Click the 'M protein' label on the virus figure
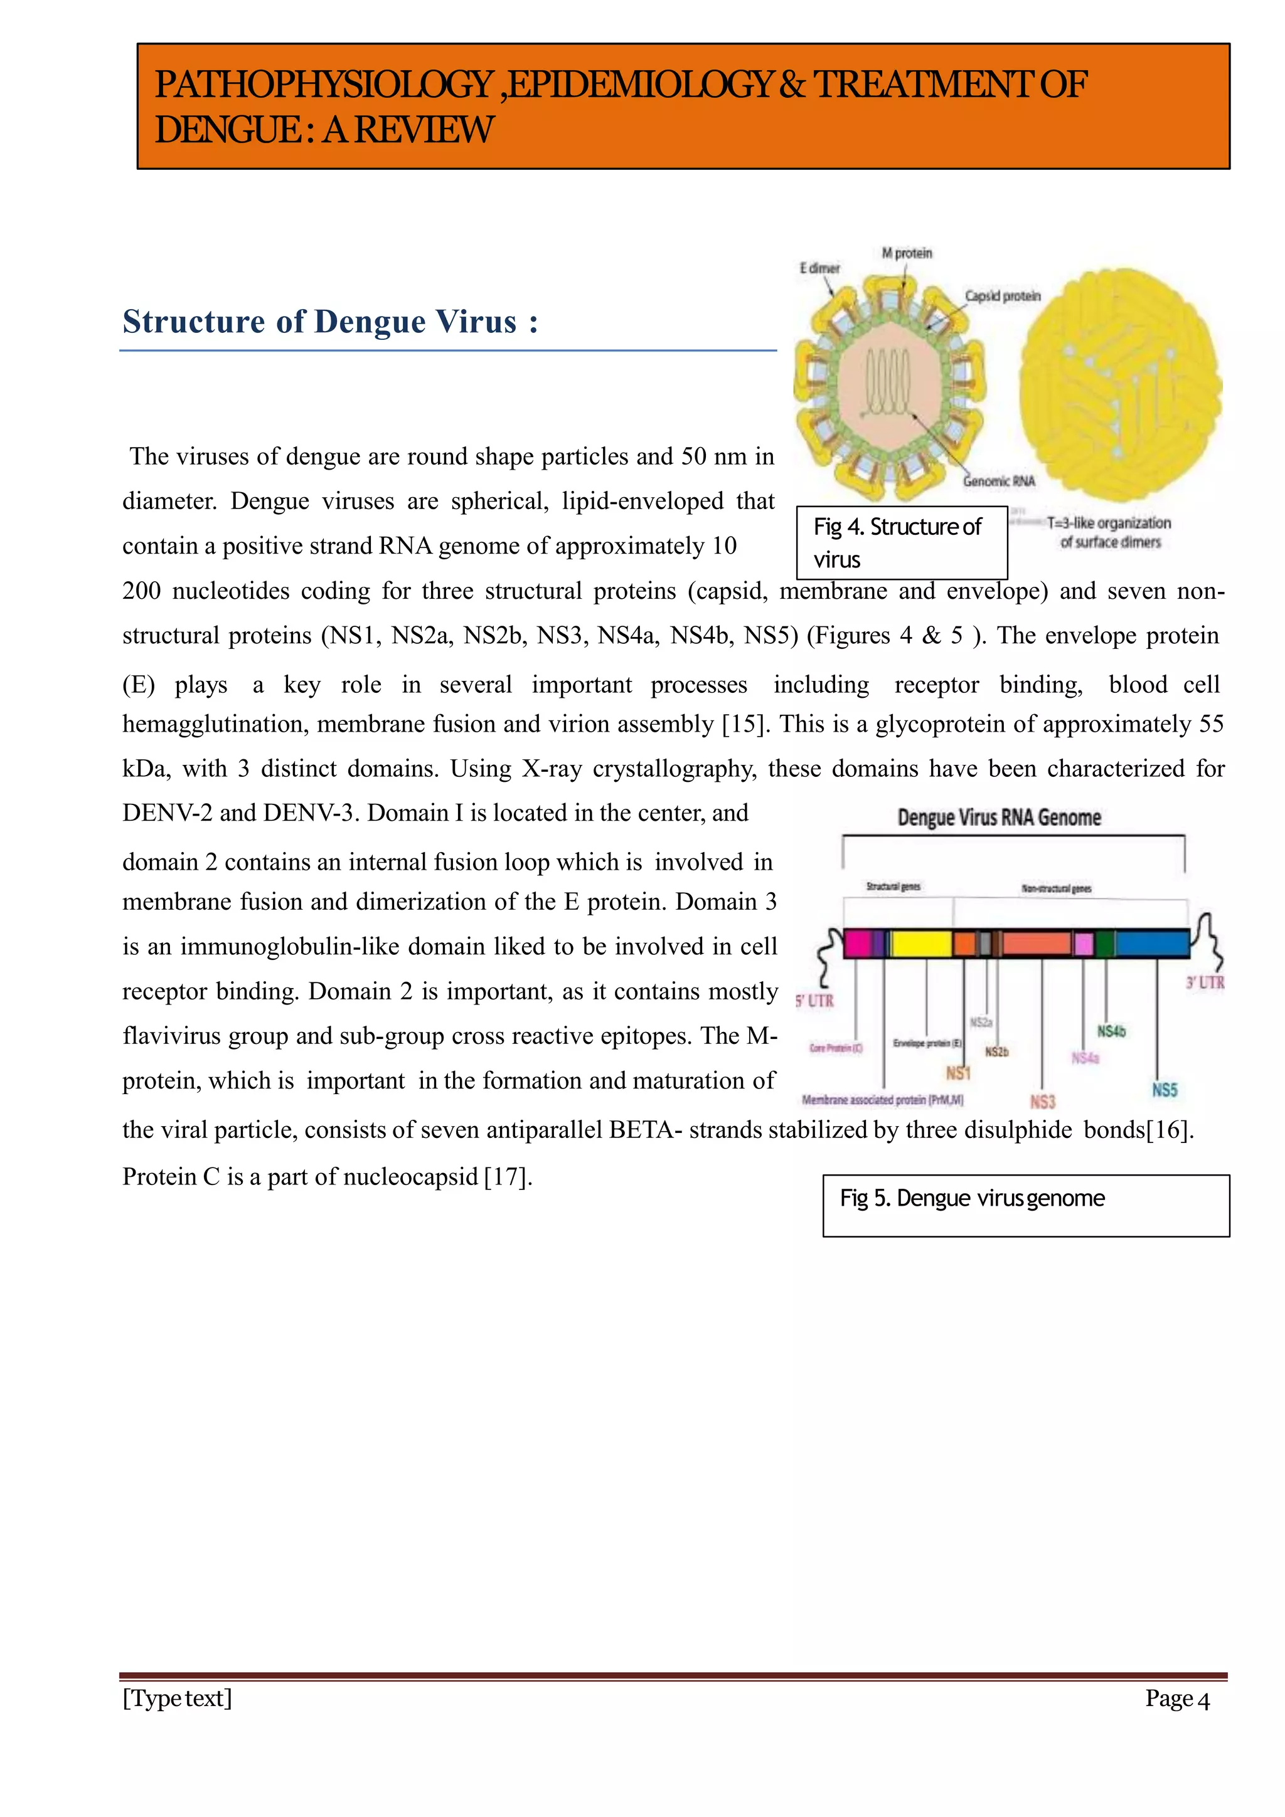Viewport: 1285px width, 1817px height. pyautogui.click(x=907, y=253)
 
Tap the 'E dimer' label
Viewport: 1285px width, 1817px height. pyautogui.click(x=819, y=268)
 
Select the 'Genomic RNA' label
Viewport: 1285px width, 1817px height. pyautogui.click(x=998, y=481)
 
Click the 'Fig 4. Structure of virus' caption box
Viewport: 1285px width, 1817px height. pyautogui.click(x=901, y=543)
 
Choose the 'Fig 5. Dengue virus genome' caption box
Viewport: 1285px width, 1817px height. pyautogui.click(x=1025, y=1205)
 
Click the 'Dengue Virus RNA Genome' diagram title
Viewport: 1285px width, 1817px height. pyautogui.click(x=998, y=818)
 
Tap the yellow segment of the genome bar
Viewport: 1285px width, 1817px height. pyautogui.click(x=922, y=944)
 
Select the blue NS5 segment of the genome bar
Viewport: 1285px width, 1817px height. pyautogui.click(x=1152, y=944)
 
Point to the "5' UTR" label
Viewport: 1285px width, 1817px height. pyautogui.click(x=814, y=1001)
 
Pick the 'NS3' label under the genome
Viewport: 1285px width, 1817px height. pyautogui.click(x=1042, y=1102)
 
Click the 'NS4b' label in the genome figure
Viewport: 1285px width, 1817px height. pyautogui.click(x=1110, y=1031)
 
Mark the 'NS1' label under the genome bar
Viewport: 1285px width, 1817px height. pyautogui.click(x=957, y=1073)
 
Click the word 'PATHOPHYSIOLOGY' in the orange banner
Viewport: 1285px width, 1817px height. pyautogui.click(x=323, y=85)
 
